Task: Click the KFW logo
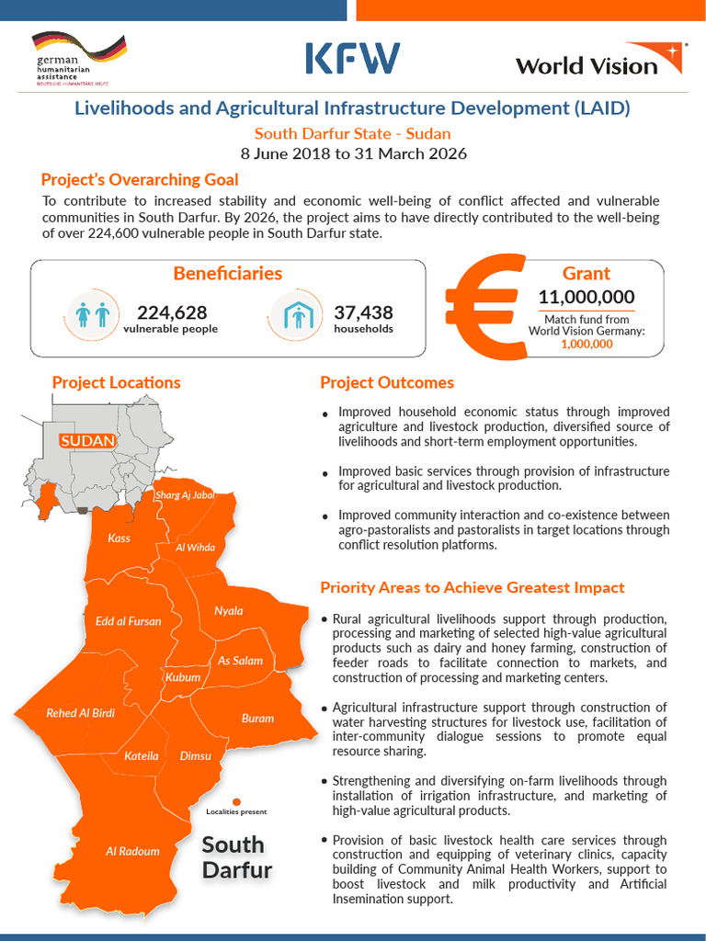click(x=352, y=58)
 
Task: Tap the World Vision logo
click(x=598, y=60)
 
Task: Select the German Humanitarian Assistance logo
click(x=78, y=58)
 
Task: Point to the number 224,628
click(x=172, y=312)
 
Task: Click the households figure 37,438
click(x=363, y=312)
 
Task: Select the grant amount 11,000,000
click(x=586, y=297)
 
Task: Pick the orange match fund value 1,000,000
click(x=586, y=345)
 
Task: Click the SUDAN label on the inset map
click(x=87, y=441)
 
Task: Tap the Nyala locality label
click(x=229, y=611)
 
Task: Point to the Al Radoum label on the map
click(x=132, y=851)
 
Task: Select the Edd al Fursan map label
click(x=129, y=621)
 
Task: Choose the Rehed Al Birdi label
click(x=81, y=713)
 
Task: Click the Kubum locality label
click(x=183, y=677)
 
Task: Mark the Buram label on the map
click(x=257, y=719)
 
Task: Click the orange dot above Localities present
click(x=236, y=801)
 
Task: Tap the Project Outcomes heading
click(x=387, y=382)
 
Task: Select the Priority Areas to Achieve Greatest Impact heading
click(x=472, y=587)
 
